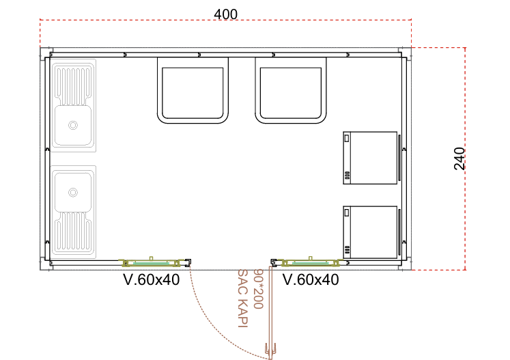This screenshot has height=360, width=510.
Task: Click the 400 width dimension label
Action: click(225, 14)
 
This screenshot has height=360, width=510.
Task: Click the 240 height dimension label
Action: click(459, 158)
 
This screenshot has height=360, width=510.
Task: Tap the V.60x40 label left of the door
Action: click(152, 279)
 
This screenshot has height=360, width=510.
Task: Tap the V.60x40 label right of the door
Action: click(311, 279)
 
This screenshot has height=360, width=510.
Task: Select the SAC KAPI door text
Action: click(243, 298)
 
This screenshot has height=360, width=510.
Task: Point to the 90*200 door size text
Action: click(257, 289)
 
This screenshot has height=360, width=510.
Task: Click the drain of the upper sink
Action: click(73, 125)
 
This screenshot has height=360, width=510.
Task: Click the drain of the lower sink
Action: click(73, 193)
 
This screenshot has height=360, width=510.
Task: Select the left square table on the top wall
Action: click(193, 90)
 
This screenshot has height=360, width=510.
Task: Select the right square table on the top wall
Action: click(291, 90)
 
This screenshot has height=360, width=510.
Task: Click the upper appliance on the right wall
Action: click(370, 158)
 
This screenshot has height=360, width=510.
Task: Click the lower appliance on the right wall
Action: click(370, 232)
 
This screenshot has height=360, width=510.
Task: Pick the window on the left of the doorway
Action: click(151, 262)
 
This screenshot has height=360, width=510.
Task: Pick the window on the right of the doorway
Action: click(311, 262)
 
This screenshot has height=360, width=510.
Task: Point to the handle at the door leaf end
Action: click(270, 350)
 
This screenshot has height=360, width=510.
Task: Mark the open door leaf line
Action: click(270, 312)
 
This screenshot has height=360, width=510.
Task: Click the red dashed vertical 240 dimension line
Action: click(465, 158)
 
